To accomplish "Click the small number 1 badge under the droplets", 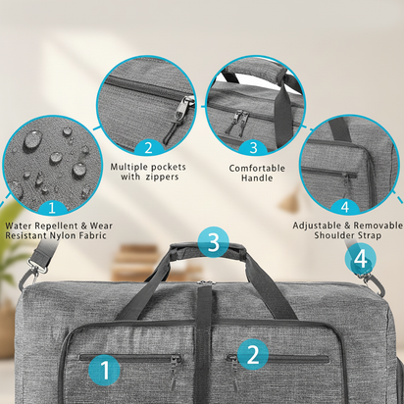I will point(52,207).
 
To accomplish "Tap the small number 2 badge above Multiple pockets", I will point(148,148).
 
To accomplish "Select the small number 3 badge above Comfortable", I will point(252,148).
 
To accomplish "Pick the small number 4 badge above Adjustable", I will point(344,206).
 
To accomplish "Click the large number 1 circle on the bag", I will point(108,370).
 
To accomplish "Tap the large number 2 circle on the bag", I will point(252,354).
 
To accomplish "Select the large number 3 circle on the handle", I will point(214,242).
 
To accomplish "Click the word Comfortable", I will point(257,168).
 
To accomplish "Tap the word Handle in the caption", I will point(257,179).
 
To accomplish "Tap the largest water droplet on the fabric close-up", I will point(32,140).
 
